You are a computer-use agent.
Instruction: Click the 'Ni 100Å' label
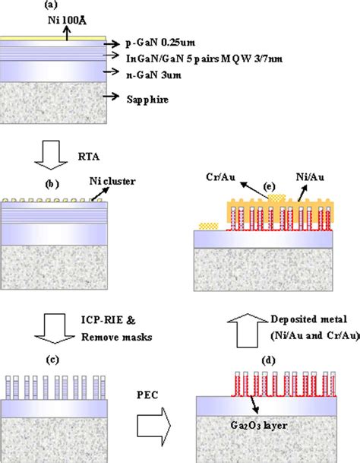67,21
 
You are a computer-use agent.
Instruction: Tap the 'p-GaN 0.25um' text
160,43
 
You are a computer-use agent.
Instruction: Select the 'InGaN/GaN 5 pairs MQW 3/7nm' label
204,59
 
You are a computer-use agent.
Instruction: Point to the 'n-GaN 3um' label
153,75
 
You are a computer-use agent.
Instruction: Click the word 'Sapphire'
148,100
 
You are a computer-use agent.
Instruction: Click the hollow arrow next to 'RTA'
51,155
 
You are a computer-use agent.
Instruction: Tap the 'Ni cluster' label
112,181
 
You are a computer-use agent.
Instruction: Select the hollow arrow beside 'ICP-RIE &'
55,328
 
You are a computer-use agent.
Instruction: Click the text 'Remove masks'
116,337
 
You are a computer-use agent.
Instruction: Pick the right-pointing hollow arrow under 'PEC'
154,426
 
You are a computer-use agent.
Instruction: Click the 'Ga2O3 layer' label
259,425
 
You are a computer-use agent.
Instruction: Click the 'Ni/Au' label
310,177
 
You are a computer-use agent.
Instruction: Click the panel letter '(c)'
53,360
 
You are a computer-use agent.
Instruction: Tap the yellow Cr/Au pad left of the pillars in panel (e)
209,227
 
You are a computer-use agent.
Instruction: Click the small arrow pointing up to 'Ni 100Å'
68,33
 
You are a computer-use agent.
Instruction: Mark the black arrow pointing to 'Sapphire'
111,97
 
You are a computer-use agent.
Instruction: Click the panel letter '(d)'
269,360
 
